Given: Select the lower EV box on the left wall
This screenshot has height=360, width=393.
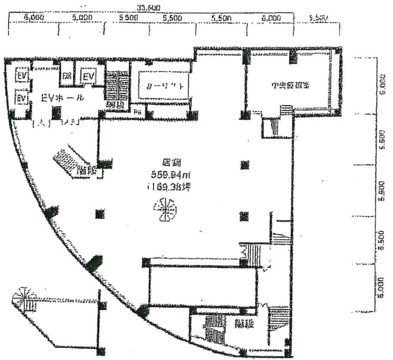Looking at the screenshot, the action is coord(21,97).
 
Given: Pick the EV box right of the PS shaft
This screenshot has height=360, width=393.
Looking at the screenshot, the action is coord(89,76).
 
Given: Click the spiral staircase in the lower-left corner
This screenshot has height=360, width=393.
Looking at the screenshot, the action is coord(22,298).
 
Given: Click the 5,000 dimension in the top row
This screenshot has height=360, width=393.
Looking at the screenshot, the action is coord(82,17).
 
